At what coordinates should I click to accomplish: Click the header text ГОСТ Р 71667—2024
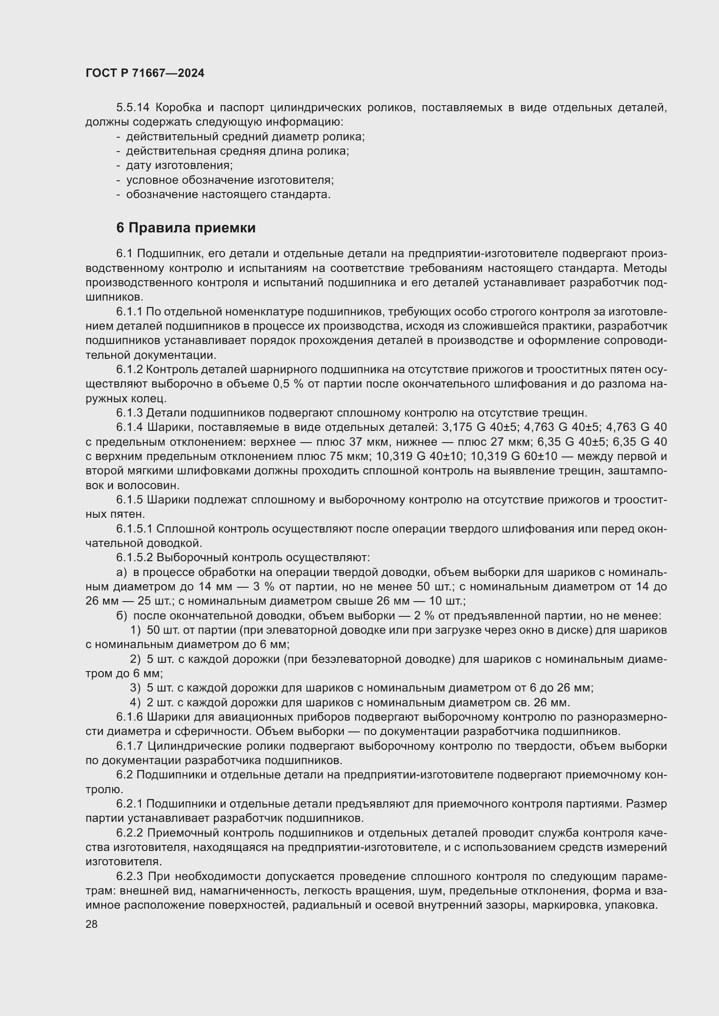[145, 73]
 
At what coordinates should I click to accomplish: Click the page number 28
[91, 924]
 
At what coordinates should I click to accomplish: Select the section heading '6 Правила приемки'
[186, 228]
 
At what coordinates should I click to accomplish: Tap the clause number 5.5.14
[133, 108]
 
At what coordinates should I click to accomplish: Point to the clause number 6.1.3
[130, 413]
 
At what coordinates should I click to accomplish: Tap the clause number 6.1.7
[130, 746]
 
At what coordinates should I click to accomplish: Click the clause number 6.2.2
[130, 833]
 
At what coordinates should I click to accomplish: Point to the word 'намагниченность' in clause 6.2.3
[251, 891]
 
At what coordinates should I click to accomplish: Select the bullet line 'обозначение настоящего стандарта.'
[228, 195]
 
